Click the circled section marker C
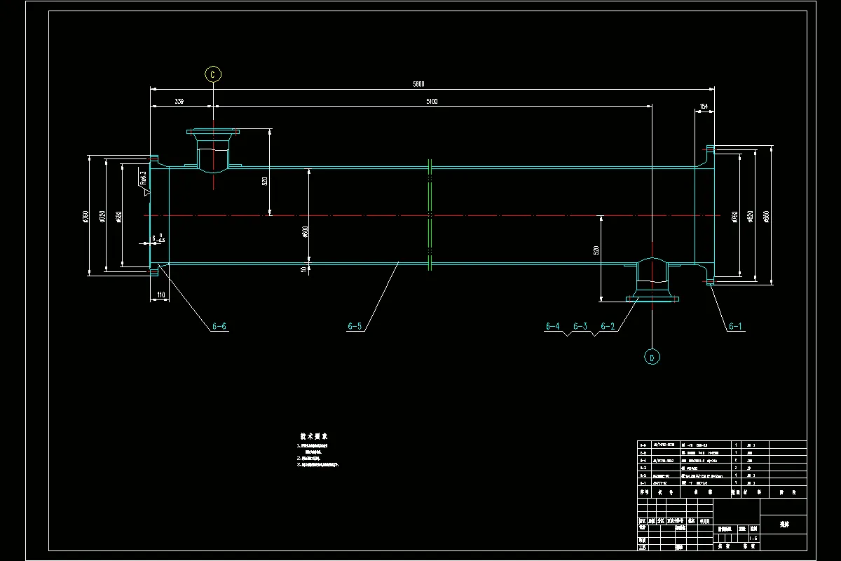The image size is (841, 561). (213, 74)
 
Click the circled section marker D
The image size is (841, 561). (652, 358)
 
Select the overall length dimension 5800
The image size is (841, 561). (418, 84)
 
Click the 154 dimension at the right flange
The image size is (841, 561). (704, 107)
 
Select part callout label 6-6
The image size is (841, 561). (219, 326)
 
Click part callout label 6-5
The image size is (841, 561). (355, 326)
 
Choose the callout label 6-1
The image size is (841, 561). (735, 326)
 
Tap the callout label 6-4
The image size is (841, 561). (553, 326)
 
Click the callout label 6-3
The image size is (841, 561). (580, 326)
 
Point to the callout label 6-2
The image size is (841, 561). (608, 326)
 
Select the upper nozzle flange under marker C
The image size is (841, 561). (213, 131)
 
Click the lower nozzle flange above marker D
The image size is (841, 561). (652, 298)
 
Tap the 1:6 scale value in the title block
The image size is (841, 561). (753, 539)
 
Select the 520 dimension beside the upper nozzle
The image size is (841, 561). (265, 181)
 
